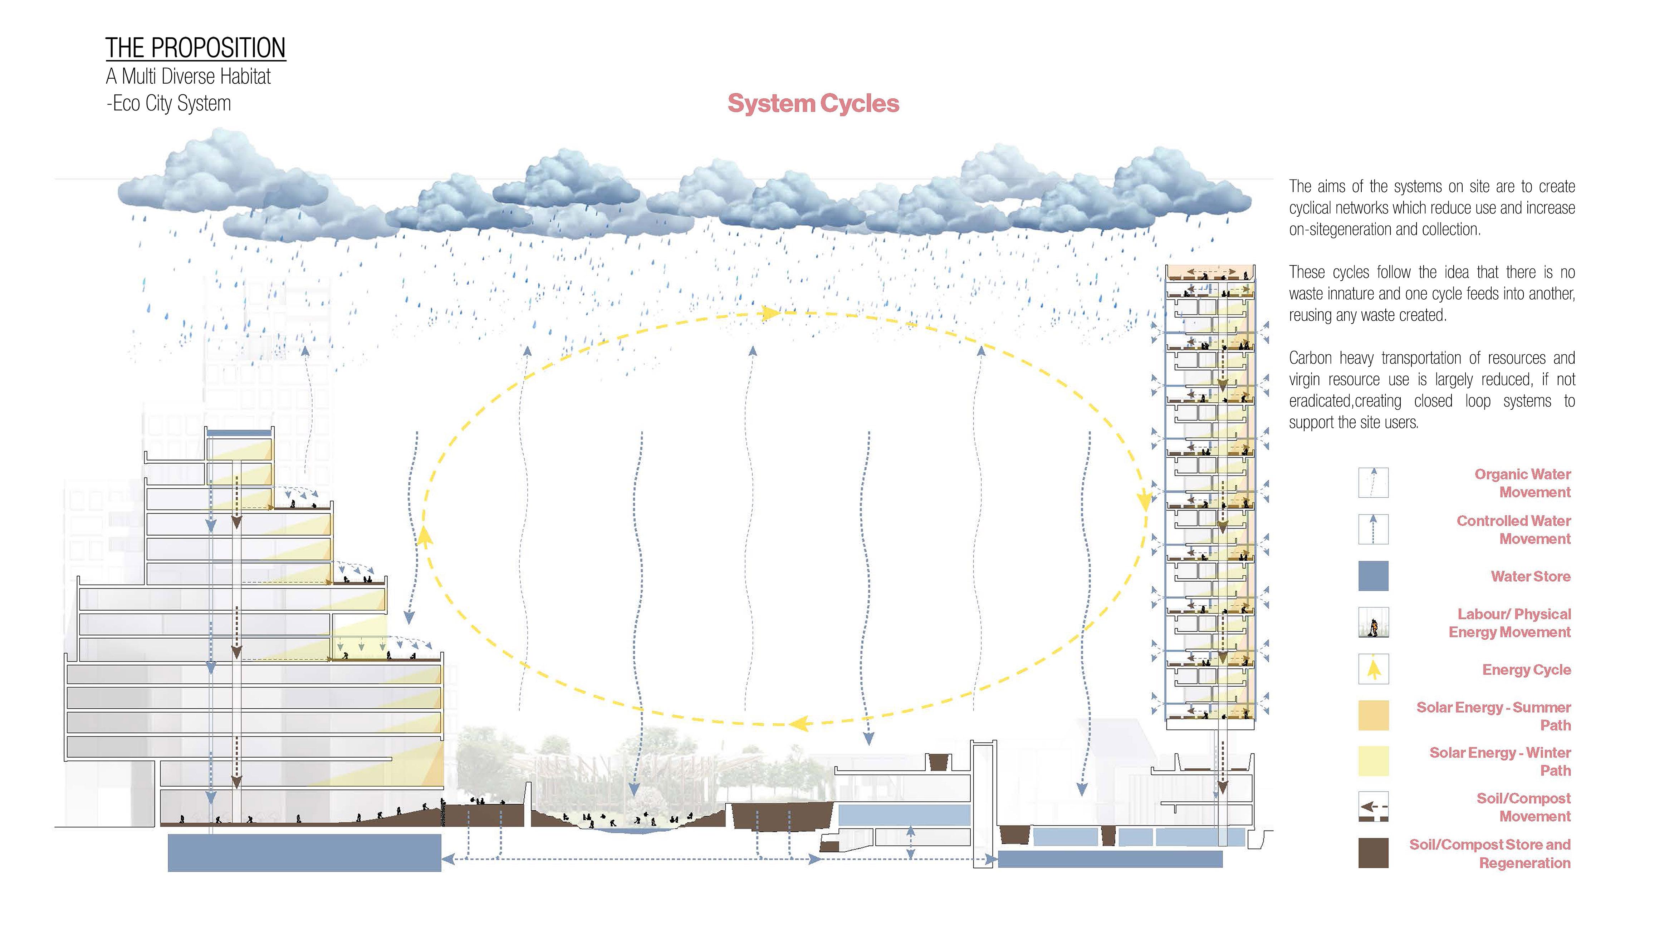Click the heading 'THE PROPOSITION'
[x=195, y=48]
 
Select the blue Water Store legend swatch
[x=1373, y=576]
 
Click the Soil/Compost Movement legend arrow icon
[x=1373, y=807]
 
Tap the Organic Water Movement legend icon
[x=1373, y=483]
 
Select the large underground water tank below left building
[x=304, y=852]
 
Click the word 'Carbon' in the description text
[x=1310, y=358]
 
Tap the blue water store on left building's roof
[x=239, y=433]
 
